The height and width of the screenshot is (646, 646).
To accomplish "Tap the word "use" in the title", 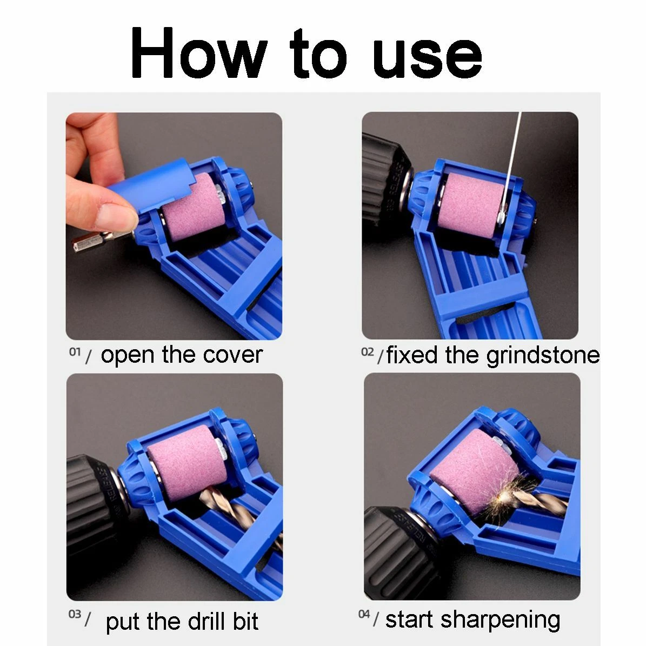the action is [427, 57].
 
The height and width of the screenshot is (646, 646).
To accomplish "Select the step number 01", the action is [75, 352].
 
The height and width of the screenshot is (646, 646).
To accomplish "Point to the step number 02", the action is [368, 352].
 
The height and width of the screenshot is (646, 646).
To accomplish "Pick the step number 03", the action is [75, 614].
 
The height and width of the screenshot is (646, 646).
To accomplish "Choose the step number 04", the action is [364, 614].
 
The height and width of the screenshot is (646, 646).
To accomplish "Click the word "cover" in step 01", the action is [233, 356].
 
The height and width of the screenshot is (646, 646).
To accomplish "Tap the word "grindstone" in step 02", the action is [543, 356].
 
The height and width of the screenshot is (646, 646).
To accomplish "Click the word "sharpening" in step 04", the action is [500, 620].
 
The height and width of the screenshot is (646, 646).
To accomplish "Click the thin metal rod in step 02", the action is [511, 165].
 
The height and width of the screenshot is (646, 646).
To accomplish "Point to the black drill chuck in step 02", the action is [385, 177].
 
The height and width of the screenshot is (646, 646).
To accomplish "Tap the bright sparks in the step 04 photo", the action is [509, 495].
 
